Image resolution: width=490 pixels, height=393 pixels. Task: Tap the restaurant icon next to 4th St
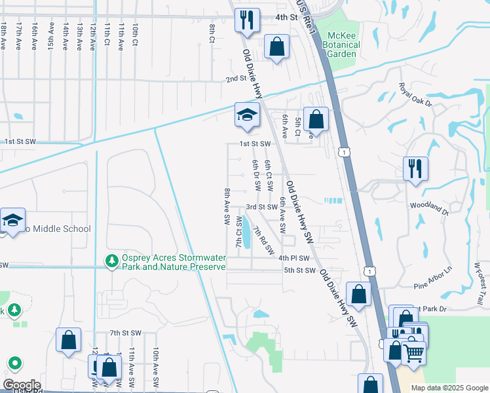point(248,20)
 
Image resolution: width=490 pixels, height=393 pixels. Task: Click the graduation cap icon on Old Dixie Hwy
point(248,115)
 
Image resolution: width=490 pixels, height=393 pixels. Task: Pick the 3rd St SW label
point(262,207)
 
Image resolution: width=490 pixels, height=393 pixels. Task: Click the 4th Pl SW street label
point(293,258)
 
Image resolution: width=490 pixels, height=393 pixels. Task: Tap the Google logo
point(21,384)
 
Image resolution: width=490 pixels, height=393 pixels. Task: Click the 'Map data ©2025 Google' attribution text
point(449,388)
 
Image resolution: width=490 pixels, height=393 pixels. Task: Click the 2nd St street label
point(235,79)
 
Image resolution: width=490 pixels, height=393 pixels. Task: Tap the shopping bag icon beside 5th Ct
point(316,121)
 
